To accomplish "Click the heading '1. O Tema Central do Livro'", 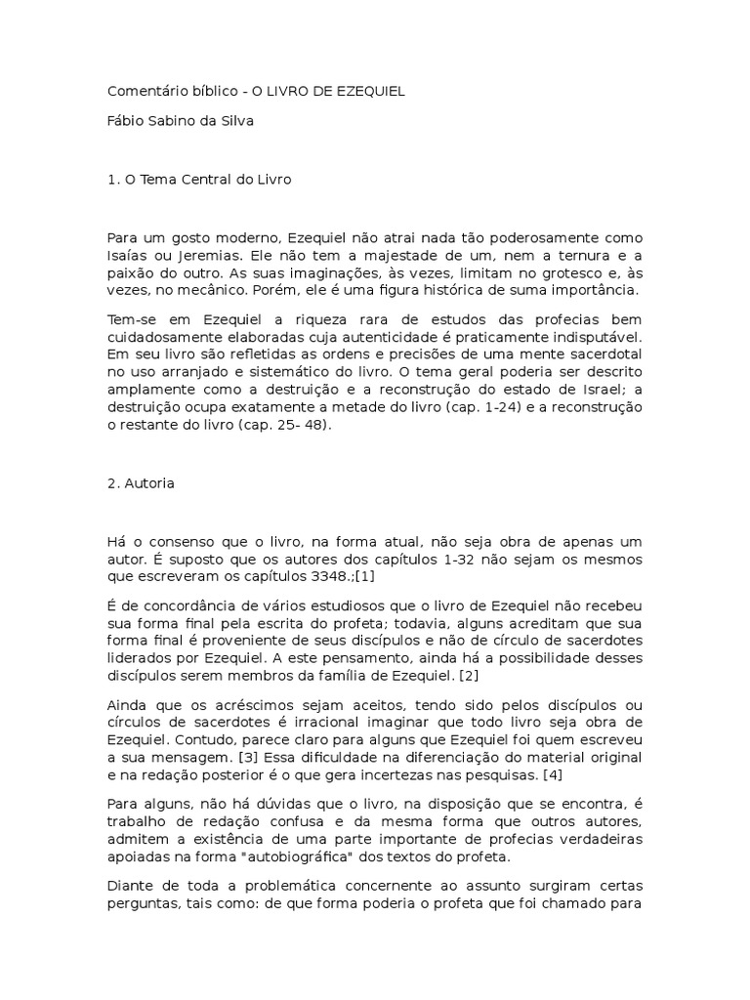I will (x=199, y=181).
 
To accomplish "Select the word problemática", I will (x=267, y=885).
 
